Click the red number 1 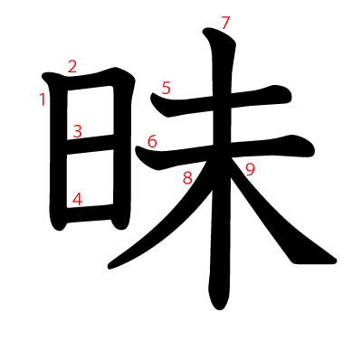43,99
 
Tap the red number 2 71,66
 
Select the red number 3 77,131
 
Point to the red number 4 77,199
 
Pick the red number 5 166,88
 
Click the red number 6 151,141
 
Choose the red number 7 226,22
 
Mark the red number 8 187,178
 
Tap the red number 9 250,168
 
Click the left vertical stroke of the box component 54,154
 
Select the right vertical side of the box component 121,145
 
